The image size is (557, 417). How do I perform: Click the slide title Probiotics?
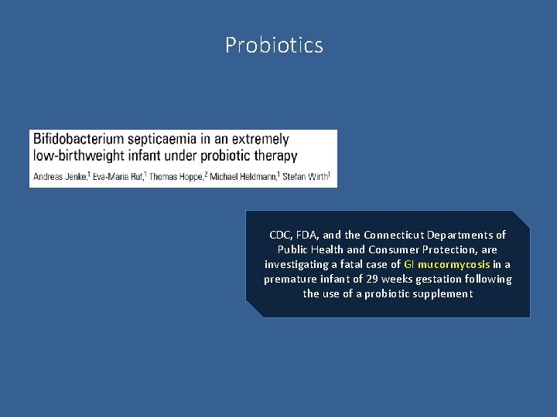tap(274, 46)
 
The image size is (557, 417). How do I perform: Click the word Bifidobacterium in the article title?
tap(77, 140)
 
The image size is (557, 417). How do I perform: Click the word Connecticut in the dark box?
tap(402, 235)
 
